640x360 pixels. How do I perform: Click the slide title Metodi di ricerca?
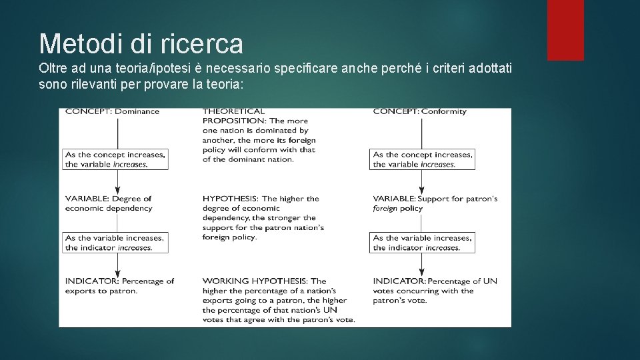click(141, 44)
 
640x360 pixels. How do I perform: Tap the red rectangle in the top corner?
click(565, 30)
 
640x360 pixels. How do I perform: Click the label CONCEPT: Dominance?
click(112, 111)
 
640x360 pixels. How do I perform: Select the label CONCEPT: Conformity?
click(419, 111)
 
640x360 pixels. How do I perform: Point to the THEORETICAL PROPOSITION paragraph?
click(259, 135)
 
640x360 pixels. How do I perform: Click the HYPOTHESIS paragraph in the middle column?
click(263, 217)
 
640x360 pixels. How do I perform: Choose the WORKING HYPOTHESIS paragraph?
click(278, 300)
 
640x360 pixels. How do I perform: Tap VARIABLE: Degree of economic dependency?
click(109, 203)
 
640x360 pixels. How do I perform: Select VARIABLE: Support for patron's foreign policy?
click(435, 203)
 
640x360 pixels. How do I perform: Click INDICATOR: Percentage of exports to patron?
click(119, 286)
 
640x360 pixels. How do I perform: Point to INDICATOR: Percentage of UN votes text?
click(435, 291)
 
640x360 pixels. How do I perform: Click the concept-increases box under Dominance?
click(115, 159)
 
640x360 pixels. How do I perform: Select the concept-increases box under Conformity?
click(423, 159)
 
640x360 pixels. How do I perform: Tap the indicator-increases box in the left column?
click(115, 243)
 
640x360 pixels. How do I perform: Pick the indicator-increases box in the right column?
click(423, 243)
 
